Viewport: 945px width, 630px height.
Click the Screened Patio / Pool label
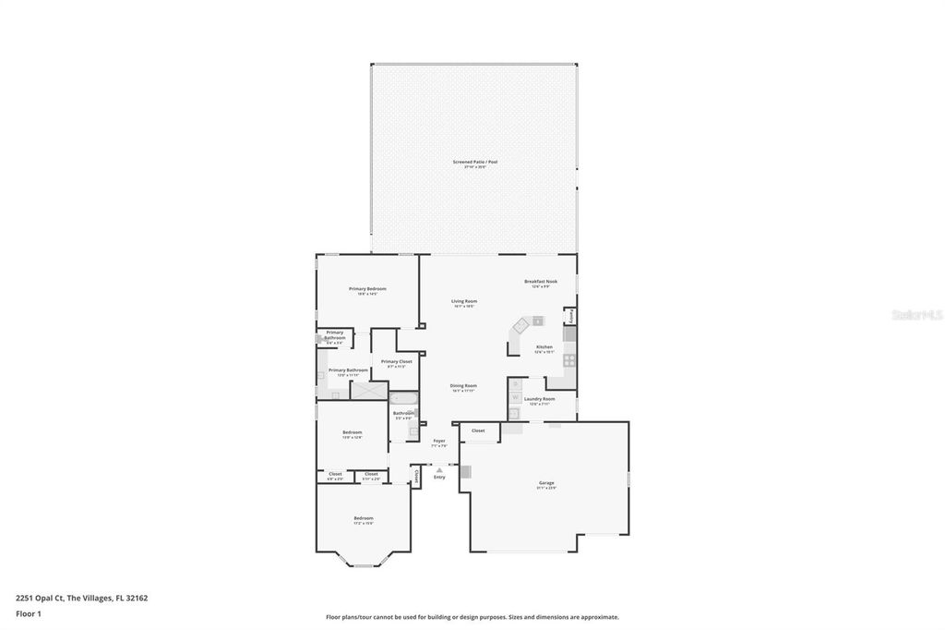click(474, 162)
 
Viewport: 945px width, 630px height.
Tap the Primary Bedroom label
click(367, 289)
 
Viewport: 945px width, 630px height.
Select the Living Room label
click(463, 301)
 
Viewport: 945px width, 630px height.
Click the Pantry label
click(571, 315)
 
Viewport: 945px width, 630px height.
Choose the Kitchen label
click(544, 346)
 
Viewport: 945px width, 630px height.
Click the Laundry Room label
click(539, 399)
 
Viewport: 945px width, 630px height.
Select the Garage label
click(546, 482)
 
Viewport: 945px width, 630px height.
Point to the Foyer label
click(439, 441)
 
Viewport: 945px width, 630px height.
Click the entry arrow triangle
click(439, 469)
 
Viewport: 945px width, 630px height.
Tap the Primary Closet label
click(397, 361)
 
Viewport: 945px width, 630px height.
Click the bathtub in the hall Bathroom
click(402, 399)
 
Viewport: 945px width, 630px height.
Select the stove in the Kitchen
click(569, 359)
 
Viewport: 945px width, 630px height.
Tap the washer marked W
click(516, 397)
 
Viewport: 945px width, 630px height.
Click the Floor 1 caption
click(29, 613)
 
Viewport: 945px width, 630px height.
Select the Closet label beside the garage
click(478, 430)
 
